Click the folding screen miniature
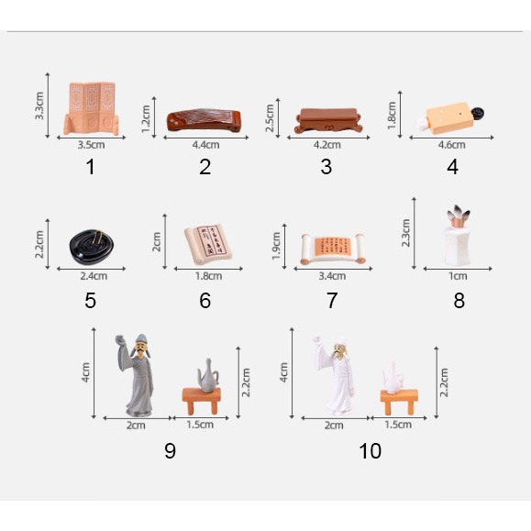click(x=92, y=108)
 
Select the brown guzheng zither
click(x=204, y=120)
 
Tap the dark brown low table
click(x=327, y=120)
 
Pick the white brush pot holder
click(x=458, y=235)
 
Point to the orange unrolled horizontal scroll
click(x=332, y=249)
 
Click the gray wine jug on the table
click(x=208, y=376)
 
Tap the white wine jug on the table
click(x=393, y=378)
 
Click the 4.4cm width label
click(x=205, y=145)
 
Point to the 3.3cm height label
click(x=39, y=105)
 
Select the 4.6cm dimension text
click(x=451, y=145)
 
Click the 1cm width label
click(x=458, y=276)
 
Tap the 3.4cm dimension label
click(x=332, y=276)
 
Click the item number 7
click(x=332, y=301)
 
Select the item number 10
click(x=371, y=450)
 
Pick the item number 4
click(x=453, y=167)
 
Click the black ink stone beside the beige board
click(x=478, y=113)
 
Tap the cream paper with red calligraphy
click(x=208, y=243)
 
